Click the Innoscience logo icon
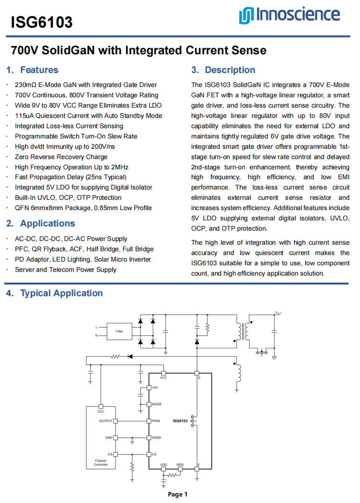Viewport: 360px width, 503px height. pos(245,16)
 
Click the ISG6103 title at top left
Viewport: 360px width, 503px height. pos(42,22)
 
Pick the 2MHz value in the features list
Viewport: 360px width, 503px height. pos(120,167)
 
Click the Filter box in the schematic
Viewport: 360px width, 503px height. pos(120,331)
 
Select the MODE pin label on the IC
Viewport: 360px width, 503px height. pos(157,404)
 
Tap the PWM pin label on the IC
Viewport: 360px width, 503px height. pos(156,421)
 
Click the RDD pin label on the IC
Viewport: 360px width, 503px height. pos(180,465)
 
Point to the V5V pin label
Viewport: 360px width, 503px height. pos(155,388)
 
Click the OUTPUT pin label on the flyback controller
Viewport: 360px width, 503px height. pos(106,421)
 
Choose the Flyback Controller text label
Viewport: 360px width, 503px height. pos(101,463)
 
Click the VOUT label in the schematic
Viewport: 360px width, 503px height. pos(278,313)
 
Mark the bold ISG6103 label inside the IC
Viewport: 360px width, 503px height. pos(180,421)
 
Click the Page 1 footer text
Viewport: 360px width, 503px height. pos(178,495)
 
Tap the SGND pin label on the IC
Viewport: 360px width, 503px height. pos(157,437)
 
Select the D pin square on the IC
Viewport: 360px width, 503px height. pos(197,374)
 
